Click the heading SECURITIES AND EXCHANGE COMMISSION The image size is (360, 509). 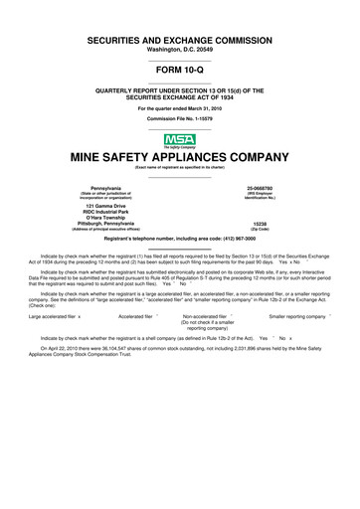coord(179,36)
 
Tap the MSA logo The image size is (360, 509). coord(179,140)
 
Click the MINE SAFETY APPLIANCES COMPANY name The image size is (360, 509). coord(179,156)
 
